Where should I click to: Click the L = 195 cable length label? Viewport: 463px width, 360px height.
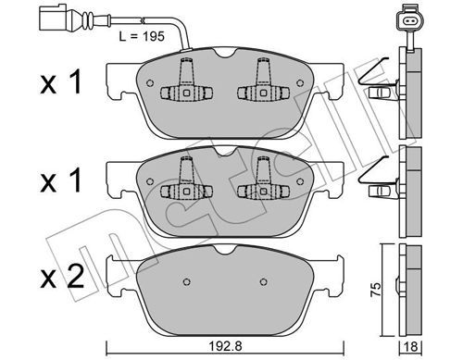[x=142, y=36]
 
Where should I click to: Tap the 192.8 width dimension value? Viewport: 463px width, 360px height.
[x=226, y=346]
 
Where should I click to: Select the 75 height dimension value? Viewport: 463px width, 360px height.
[x=376, y=290]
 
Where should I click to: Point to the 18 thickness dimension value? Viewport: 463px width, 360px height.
[x=411, y=346]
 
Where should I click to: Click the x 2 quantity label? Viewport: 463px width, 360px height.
[x=62, y=277]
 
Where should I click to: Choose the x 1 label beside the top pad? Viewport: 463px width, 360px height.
[x=61, y=81]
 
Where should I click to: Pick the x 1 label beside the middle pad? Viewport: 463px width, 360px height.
[x=61, y=180]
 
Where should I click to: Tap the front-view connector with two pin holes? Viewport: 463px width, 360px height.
[x=409, y=20]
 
